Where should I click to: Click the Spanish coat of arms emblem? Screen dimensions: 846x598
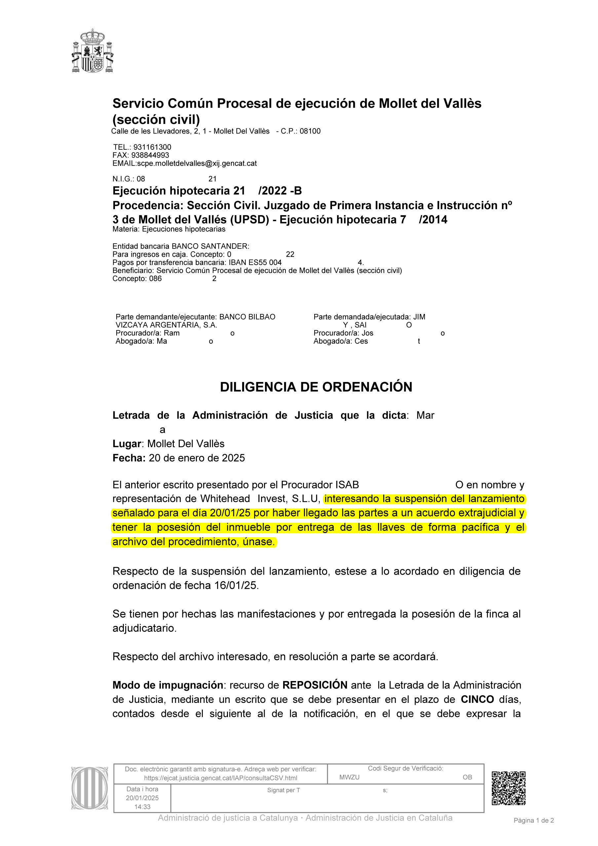pyautogui.click(x=93, y=51)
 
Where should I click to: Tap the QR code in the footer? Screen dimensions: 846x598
pyautogui.click(x=508, y=788)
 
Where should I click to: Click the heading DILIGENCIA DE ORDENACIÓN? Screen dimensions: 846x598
pyautogui.click(x=316, y=387)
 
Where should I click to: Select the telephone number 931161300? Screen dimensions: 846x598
pyautogui.click(x=152, y=147)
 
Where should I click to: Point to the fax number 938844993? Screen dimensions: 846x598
pyautogui.click(x=150, y=155)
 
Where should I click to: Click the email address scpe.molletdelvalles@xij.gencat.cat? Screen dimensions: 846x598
pyautogui.click(x=197, y=163)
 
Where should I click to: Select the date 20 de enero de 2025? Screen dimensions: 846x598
pyautogui.click(x=197, y=458)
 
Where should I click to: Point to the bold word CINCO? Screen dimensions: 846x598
pyautogui.click(x=477, y=699)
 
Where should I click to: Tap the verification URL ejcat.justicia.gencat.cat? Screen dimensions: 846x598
pyautogui.click(x=220, y=778)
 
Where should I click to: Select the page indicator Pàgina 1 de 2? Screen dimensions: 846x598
pyautogui.click(x=534, y=820)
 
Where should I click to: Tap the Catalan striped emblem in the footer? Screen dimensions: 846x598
pyautogui.click(x=90, y=788)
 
